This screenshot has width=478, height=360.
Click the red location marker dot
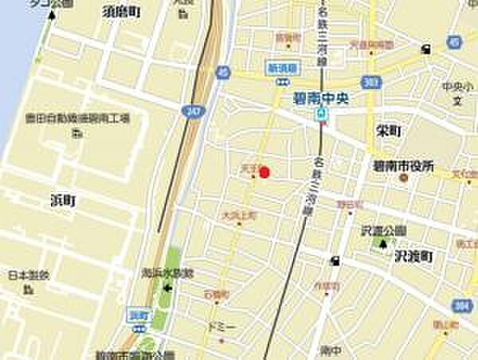pyautogui.click(x=265, y=171)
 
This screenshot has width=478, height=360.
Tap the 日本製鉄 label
pyautogui.click(x=28, y=276)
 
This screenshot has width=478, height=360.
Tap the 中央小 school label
pyautogui.click(x=456, y=86)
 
